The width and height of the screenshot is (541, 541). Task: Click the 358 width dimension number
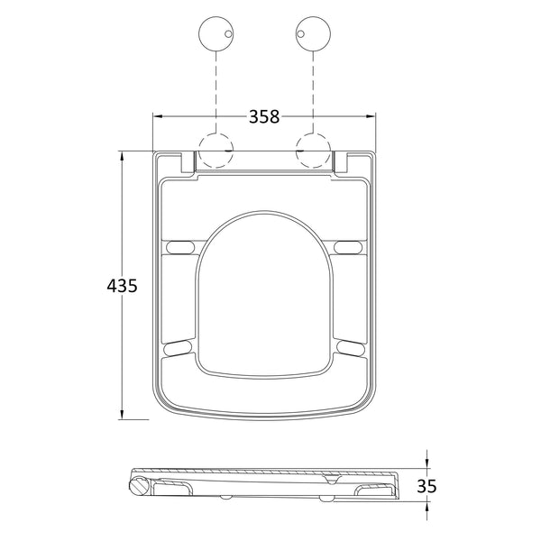[x=262, y=116]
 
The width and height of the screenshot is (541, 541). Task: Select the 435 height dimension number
[x=122, y=286]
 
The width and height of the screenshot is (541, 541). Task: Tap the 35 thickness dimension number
[x=426, y=486]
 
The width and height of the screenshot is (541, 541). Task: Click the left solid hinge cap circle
[x=215, y=37]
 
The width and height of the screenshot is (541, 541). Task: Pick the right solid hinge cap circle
[x=312, y=37]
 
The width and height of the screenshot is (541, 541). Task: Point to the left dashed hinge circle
[x=215, y=150]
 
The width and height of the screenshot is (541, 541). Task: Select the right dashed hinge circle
[x=312, y=150]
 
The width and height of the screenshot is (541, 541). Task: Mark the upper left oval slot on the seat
[x=180, y=247]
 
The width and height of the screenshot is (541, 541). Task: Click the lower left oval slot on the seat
[x=179, y=345]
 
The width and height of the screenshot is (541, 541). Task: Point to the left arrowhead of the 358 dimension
[x=156, y=116]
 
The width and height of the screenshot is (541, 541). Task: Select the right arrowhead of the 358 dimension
[x=371, y=116]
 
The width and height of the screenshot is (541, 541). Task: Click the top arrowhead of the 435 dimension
[x=122, y=156]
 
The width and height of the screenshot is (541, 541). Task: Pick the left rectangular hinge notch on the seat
[x=188, y=163]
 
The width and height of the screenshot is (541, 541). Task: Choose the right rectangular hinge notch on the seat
[x=340, y=163]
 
